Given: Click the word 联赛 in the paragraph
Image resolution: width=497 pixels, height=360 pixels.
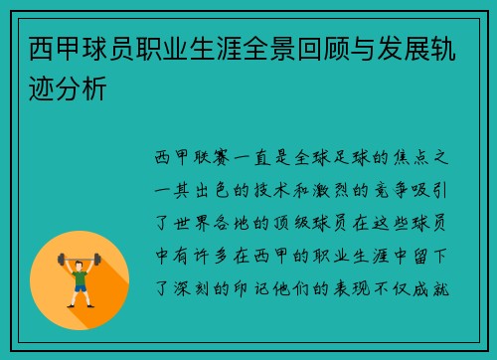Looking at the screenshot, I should (212, 157).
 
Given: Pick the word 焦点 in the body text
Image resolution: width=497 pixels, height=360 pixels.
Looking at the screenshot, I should (411, 157).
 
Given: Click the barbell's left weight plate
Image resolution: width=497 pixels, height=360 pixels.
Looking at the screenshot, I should (61, 261).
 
